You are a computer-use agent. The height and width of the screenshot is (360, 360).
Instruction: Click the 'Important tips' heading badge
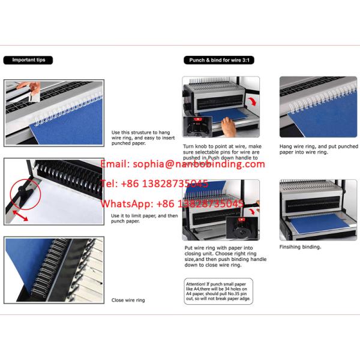28,60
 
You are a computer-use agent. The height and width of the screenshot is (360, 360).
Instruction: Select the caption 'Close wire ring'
128,300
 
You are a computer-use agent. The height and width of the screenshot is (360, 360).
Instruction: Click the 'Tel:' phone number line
156,184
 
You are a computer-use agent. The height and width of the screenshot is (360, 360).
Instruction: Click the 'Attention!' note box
218,290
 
